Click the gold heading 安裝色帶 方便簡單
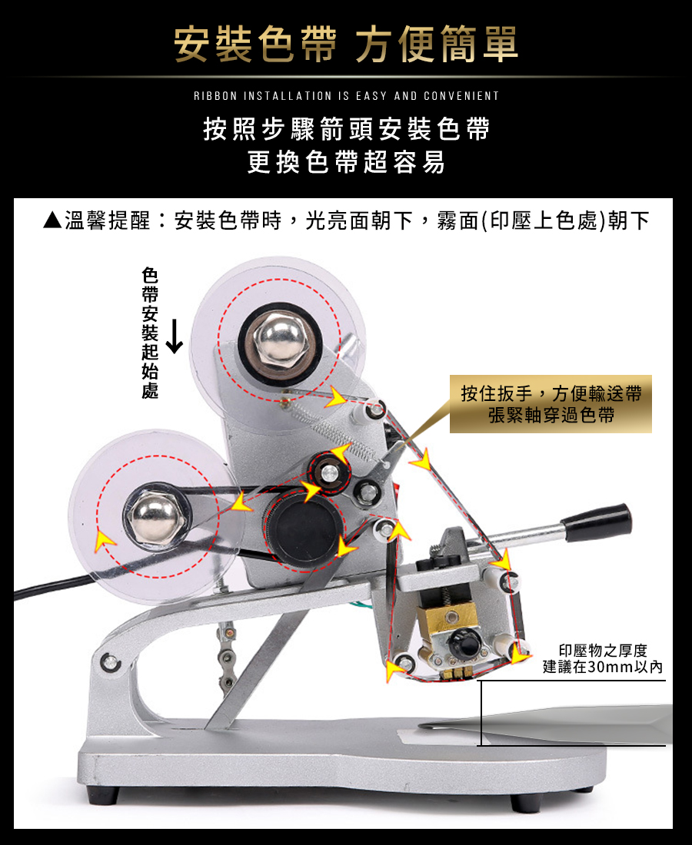(x=346, y=45)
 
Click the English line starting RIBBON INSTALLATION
(x=346, y=96)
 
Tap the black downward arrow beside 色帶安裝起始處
(x=175, y=336)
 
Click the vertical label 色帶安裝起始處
(x=150, y=333)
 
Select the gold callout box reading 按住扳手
(x=551, y=404)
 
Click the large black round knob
(x=305, y=530)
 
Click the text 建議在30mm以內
(x=603, y=667)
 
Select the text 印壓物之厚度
(x=603, y=651)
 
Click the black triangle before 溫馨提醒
(x=52, y=220)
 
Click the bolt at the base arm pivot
(x=110, y=661)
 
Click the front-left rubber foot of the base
(x=102, y=795)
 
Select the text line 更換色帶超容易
(x=346, y=161)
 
